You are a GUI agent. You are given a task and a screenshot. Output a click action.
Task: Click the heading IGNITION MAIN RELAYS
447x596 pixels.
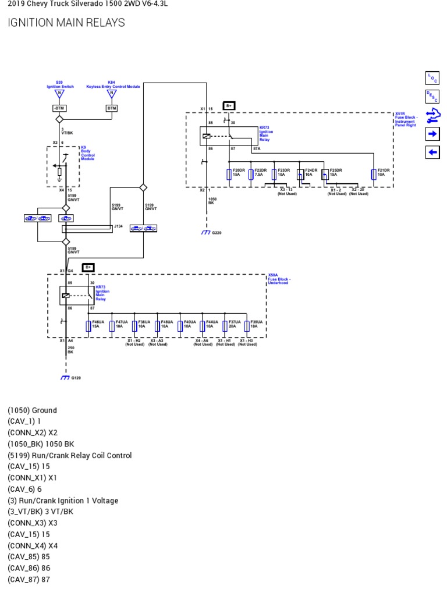pos(66,23)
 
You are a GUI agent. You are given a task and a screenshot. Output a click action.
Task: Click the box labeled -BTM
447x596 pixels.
pos(59,108)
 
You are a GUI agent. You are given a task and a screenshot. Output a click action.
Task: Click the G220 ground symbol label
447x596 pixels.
pos(217,232)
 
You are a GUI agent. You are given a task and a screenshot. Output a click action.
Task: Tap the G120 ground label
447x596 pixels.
pos(76,378)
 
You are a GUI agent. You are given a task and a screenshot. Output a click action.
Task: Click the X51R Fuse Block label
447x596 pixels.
pos(406,119)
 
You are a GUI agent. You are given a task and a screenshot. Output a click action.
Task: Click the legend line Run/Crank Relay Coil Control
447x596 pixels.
pos(70,455)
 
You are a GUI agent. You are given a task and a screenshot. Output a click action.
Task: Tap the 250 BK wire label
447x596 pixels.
pos(71,350)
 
